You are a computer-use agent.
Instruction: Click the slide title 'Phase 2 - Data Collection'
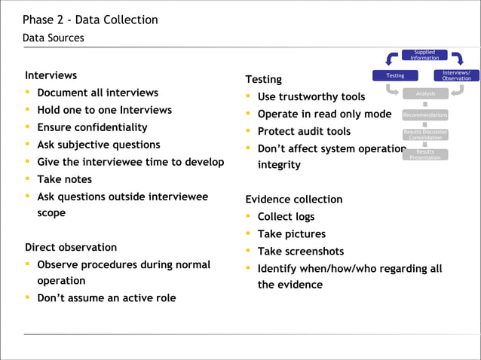(90, 20)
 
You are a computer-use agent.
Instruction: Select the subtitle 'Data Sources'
(54, 38)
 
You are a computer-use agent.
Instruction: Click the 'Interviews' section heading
(51, 75)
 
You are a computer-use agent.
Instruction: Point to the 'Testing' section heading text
(263, 79)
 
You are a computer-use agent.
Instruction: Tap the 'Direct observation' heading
(71, 247)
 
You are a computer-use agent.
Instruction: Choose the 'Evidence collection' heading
(294, 200)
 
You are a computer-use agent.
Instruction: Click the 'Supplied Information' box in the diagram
(424, 55)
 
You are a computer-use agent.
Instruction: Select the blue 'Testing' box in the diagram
(395, 75)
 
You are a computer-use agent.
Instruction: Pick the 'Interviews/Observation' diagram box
(456, 75)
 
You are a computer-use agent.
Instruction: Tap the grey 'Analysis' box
(425, 93)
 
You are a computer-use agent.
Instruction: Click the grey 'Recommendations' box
(425, 115)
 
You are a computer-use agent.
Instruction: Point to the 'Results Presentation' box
(425, 154)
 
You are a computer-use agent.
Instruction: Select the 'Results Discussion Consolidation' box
(425, 135)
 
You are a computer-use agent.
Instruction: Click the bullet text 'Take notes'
(64, 179)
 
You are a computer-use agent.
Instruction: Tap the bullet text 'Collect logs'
(286, 217)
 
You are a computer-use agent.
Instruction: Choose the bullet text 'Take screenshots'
(300, 252)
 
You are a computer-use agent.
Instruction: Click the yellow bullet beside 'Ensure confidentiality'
(28, 127)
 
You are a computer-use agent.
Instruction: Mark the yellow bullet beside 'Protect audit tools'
(248, 132)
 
